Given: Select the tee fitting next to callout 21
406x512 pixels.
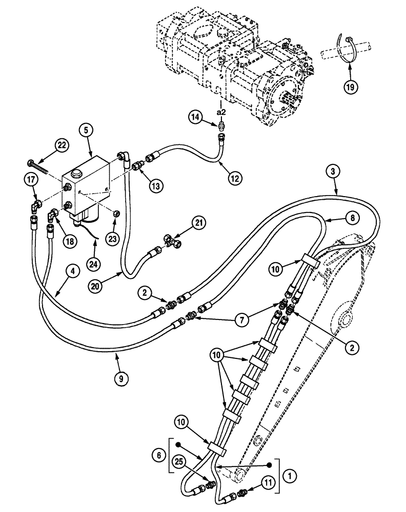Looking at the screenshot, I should pyautogui.click(x=173, y=241).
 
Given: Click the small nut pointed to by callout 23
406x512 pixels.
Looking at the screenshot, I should pyautogui.click(x=116, y=212).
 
